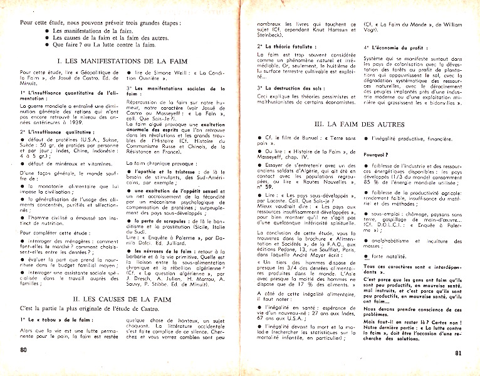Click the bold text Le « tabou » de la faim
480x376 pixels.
tap(56, 320)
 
